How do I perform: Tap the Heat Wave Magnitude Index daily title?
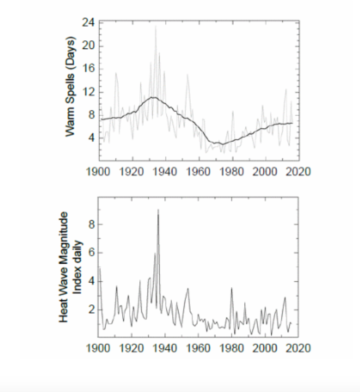pyautogui.click(x=69, y=267)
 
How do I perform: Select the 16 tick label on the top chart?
pyautogui.click(x=90, y=69)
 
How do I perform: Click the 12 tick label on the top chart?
pyautogui.click(x=90, y=92)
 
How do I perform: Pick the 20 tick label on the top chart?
pyautogui.click(x=90, y=46)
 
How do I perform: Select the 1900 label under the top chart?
pyautogui.click(x=98, y=172)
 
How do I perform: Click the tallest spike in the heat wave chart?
pyautogui.click(x=158, y=210)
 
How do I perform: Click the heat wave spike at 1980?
pyautogui.click(x=232, y=288)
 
